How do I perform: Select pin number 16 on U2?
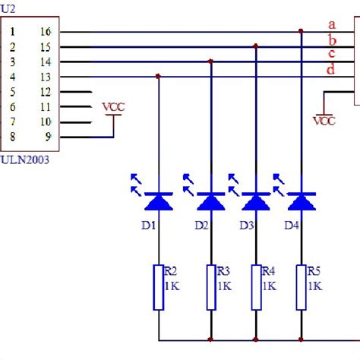coord(44,32)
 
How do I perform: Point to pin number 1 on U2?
coord(13,32)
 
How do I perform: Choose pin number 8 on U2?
coord(13,137)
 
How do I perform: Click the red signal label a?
coord(331,25)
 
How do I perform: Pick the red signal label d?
coord(331,70)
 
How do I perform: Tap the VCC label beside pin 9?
coord(113,107)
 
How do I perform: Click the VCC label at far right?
coord(324,120)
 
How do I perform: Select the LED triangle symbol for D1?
coord(158,201)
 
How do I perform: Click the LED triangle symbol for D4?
coord(302,201)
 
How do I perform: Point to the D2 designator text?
coord(201,225)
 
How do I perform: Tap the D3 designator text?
coord(246,225)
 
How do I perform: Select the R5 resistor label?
coord(314,271)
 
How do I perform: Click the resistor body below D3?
coord(256,287)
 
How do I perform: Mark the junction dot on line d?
coord(158,76)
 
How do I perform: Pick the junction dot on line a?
coord(302,31)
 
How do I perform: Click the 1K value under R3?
coord(224,286)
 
